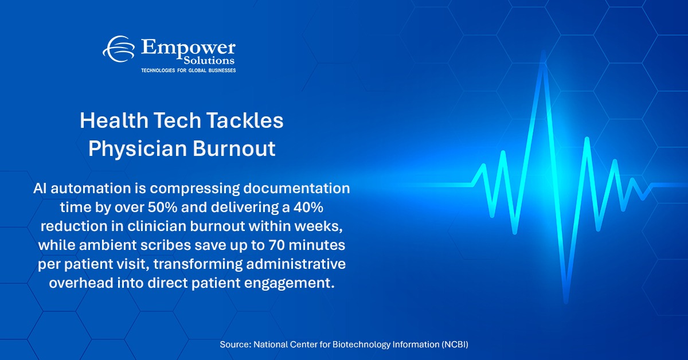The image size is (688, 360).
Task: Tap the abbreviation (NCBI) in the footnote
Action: point(459,345)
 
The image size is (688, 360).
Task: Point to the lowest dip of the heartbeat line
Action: point(566,302)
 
